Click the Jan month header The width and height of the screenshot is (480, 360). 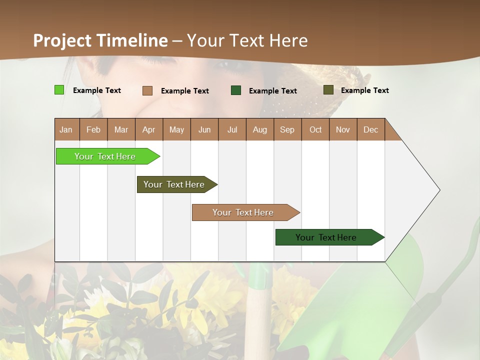tap(66, 129)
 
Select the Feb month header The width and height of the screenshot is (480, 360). tap(93, 129)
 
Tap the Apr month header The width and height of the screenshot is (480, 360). tap(148, 129)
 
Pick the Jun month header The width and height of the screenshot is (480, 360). tap(204, 129)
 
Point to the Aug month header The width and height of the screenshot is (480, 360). tap(259, 129)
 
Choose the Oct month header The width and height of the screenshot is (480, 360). tap(315, 129)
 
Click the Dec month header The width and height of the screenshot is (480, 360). tap(370, 129)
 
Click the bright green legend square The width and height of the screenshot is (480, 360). tap(59, 90)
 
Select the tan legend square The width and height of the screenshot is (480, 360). tap(147, 90)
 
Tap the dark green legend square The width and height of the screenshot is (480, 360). tap(236, 90)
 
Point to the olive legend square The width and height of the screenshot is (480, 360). tap(328, 90)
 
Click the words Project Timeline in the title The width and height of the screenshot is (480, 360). tap(100, 40)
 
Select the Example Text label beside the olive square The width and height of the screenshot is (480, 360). tap(364, 90)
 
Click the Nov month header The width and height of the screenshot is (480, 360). tap(343, 129)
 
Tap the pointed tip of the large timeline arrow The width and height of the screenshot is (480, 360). tap(438, 190)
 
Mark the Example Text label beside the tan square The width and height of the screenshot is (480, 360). tap(184, 91)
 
